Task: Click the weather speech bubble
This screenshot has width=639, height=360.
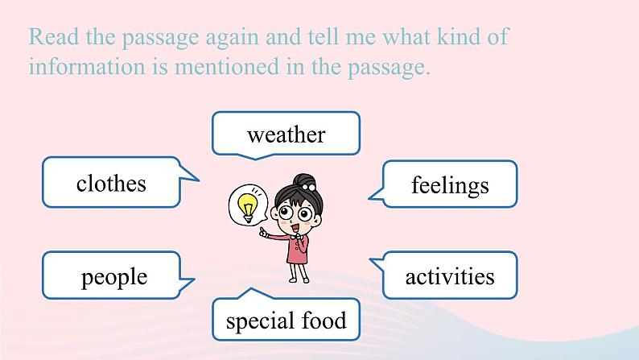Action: (x=286, y=134)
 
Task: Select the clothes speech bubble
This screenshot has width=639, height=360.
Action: (x=111, y=182)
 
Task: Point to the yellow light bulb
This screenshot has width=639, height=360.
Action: (x=247, y=206)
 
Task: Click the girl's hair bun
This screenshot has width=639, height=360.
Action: (x=305, y=181)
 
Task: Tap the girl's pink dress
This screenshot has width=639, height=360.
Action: (x=297, y=249)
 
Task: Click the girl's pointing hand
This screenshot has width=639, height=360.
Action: (x=263, y=233)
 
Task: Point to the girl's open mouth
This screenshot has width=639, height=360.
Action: (x=295, y=226)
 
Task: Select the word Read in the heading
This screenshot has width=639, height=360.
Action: (x=54, y=37)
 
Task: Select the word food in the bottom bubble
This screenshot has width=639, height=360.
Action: (x=324, y=320)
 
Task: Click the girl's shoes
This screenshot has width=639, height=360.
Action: (x=299, y=279)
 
